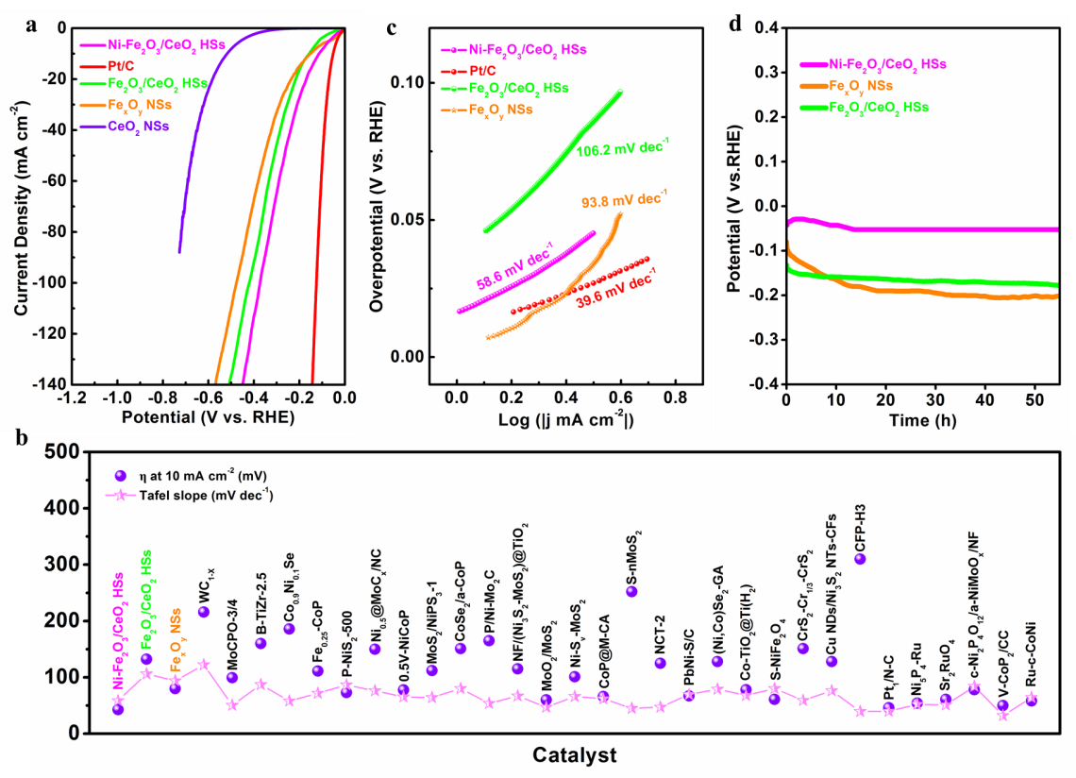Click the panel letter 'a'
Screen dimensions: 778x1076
pos(32,25)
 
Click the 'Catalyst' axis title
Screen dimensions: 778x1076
pos(573,755)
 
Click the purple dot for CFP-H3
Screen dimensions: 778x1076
pos(860,559)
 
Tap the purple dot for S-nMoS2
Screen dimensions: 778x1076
pos(631,591)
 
